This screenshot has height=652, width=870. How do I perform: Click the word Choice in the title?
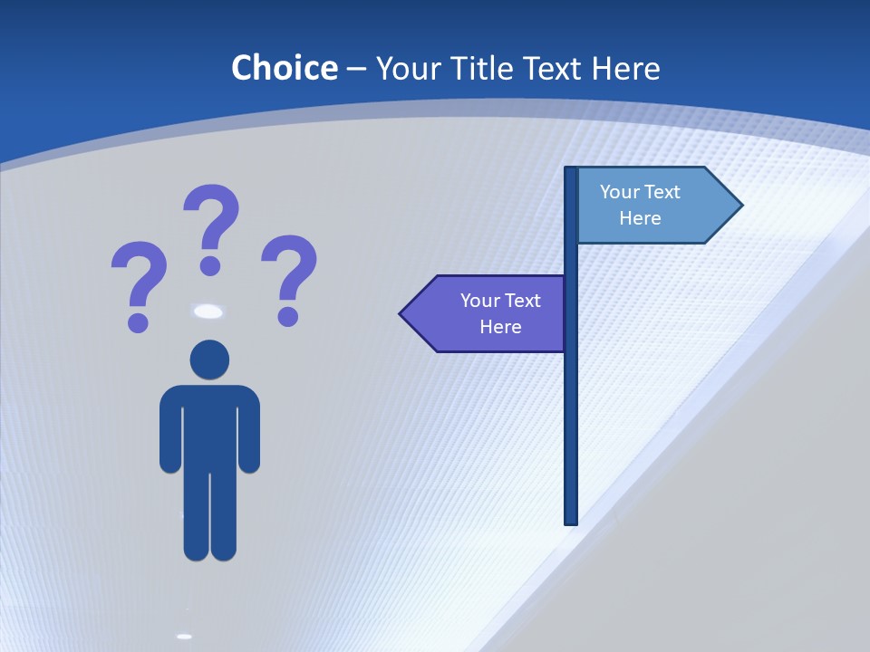(x=284, y=68)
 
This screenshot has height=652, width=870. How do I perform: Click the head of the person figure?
(x=209, y=360)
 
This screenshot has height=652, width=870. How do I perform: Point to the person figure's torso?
(x=209, y=426)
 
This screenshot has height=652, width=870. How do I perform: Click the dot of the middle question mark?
(x=210, y=265)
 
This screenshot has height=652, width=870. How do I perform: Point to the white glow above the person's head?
(x=208, y=312)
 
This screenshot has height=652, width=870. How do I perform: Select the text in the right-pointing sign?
(x=640, y=205)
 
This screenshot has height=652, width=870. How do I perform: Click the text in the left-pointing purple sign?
(x=500, y=313)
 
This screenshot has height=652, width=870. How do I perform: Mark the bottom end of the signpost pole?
(x=571, y=520)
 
